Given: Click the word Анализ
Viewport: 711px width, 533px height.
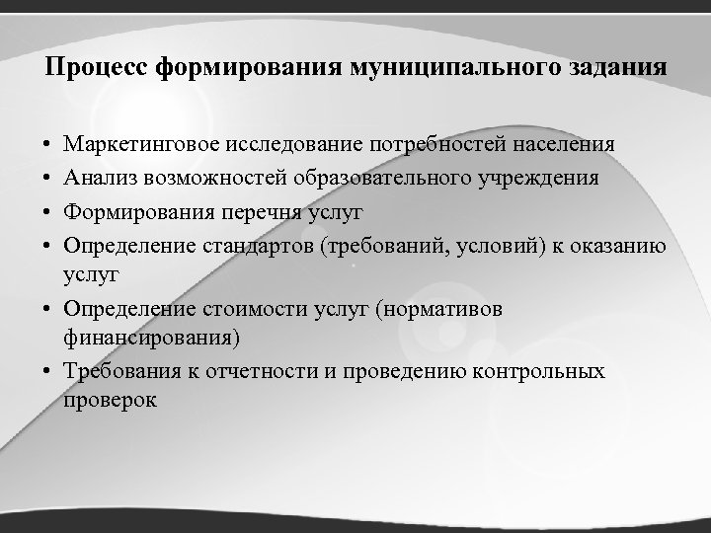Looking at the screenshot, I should (x=100, y=178).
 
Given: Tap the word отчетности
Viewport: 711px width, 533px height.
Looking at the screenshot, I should (x=225, y=372).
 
